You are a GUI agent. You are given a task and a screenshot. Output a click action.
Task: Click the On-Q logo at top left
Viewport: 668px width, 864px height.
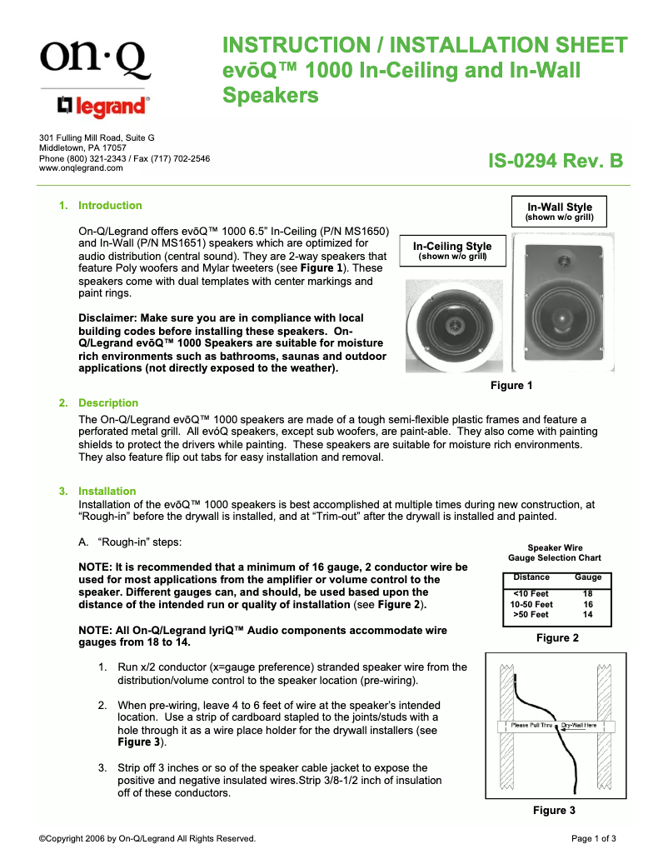coord(93,58)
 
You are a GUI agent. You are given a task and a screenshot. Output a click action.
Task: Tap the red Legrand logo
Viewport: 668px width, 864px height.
coord(103,106)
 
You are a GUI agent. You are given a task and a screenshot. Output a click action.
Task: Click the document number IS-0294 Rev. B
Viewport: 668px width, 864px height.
coord(555,161)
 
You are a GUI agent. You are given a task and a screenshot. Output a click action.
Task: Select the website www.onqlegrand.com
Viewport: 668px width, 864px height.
coord(82,167)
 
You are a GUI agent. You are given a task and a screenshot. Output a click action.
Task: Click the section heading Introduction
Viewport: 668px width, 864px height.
coord(110,206)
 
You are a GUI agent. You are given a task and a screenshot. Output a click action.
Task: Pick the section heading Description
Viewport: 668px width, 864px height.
coord(108,403)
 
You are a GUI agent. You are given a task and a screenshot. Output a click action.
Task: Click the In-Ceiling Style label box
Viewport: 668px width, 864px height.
coord(452,251)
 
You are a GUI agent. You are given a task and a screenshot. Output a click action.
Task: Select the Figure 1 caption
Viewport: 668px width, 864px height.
coord(511,386)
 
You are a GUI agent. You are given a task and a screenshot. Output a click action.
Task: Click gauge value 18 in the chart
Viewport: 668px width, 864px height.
coord(587,593)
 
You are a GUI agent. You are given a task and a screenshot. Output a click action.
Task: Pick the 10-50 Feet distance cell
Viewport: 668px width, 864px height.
coord(531,604)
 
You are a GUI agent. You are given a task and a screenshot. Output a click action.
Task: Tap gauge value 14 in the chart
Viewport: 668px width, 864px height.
coord(587,615)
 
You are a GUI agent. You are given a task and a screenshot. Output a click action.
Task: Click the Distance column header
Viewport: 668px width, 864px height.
coord(531,577)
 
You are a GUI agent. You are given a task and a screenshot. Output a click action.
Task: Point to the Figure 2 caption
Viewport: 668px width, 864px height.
coord(557,638)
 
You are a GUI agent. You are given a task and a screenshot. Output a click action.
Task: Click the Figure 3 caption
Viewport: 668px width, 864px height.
coord(554,811)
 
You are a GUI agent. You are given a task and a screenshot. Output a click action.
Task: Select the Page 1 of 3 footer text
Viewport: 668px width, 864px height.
coord(593,839)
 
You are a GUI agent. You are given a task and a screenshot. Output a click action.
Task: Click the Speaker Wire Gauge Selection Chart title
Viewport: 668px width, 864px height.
coord(555,552)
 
